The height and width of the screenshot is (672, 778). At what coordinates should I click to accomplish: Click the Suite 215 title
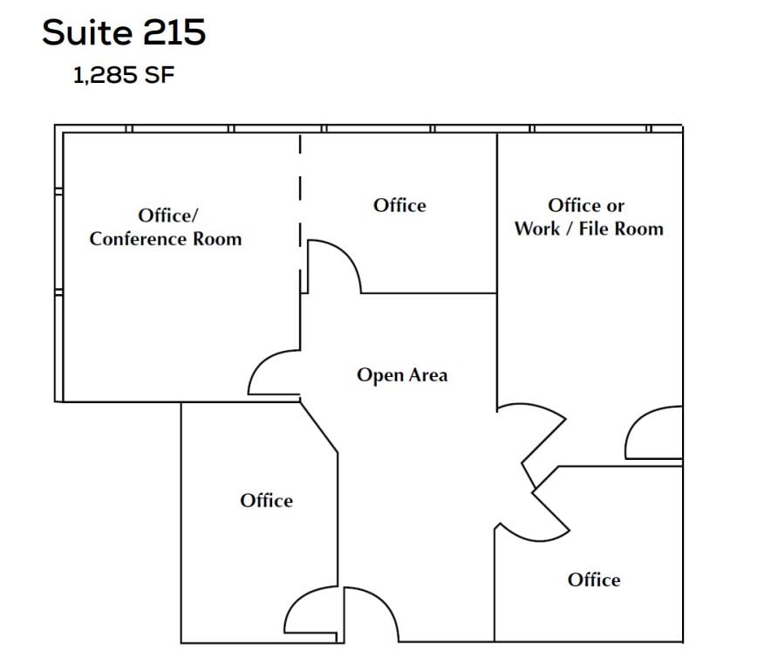(124, 32)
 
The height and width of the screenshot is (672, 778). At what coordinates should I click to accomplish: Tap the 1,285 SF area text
(124, 75)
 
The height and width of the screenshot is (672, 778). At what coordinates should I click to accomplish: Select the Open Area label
(402, 375)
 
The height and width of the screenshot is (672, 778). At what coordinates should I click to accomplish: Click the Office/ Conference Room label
(166, 227)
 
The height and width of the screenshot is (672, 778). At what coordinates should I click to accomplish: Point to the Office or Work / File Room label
(589, 217)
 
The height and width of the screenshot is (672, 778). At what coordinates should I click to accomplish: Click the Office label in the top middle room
(399, 205)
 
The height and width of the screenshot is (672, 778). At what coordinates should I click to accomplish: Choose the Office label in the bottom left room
(266, 500)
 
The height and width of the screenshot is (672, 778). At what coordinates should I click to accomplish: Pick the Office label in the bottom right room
(594, 579)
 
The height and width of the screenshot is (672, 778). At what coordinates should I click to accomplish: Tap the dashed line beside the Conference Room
(300, 214)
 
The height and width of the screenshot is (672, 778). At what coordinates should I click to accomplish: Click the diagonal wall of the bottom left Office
(319, 428)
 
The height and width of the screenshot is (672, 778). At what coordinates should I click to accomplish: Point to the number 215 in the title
(174, 32)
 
